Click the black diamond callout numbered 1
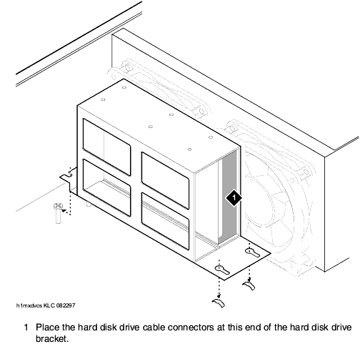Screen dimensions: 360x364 (234, 197)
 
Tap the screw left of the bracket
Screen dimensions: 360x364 (58, 212)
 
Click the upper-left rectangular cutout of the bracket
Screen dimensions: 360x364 (106, 147)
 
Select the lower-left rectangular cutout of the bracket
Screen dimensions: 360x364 (106, 187)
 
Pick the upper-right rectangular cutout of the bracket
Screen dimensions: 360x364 (166, 180)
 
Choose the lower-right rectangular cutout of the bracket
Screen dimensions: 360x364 (166, 221)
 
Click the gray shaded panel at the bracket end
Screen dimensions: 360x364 (230, 198)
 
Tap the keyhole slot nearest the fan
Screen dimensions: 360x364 (252, 252)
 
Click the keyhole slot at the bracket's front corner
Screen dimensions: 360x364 (222, 270)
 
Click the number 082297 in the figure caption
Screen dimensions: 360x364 (66, 305)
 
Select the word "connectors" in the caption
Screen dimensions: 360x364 (191, 328)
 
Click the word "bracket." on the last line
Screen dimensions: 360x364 (52, 338)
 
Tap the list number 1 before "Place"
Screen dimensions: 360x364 (26, 328)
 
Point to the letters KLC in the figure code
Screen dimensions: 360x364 (49, 305)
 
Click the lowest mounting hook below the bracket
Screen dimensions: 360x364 (219, 303)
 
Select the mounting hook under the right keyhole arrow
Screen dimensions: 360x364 (249, 285)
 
